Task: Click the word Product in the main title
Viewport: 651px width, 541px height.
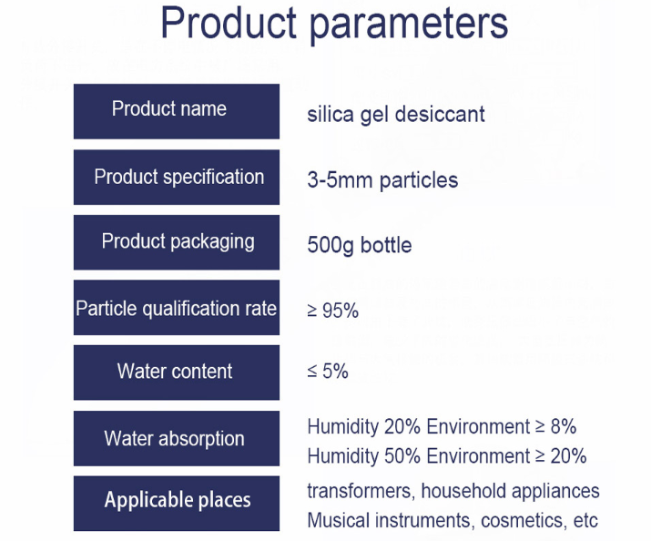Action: [229, 23]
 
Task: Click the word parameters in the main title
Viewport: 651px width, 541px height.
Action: [409, 26]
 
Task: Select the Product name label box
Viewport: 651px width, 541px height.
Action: [177, 111]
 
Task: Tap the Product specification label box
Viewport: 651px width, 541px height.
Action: [177, 178]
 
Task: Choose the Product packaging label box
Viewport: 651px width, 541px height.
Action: [177, 242]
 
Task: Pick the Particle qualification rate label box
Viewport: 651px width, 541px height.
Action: [177, 308]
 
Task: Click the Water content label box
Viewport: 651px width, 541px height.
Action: [177, 373]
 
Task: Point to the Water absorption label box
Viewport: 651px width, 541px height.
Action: [177, 438]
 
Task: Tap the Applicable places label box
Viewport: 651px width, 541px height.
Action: [177, 504]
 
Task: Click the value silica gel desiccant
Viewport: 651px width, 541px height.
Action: [396, 115]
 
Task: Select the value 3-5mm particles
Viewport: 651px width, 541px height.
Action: [382, 180]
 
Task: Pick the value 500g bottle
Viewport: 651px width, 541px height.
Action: [360, 245]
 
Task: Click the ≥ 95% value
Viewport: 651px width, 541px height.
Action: [333, 311]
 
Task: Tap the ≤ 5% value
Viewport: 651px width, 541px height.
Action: [328, 372]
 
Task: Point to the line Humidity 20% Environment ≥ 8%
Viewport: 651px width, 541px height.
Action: [442, 427]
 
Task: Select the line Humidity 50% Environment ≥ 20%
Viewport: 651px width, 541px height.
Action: [447, 456]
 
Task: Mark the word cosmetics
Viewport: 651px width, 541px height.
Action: [524, 521]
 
